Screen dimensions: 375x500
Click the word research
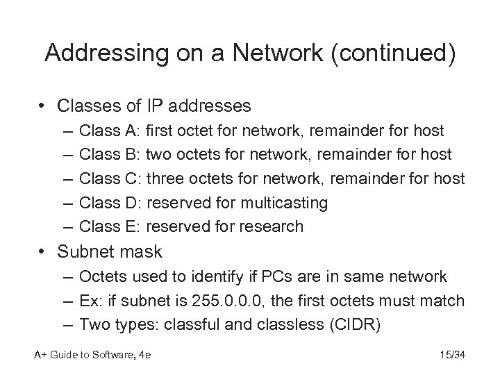(x=272, y=226)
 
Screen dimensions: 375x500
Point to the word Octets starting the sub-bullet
(x=102, y=276)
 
